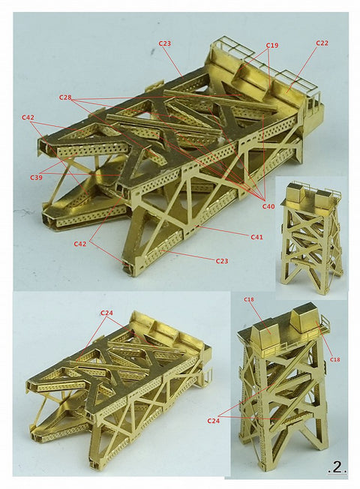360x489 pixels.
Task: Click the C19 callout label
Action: point(272,46)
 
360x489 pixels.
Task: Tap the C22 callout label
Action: point(322,43)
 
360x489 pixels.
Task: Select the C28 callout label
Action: point(65,98)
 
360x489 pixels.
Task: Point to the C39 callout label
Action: point(37,177)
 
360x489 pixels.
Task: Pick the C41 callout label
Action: point(256,236)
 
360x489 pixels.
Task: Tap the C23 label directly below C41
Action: point(222,260)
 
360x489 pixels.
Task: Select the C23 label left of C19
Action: point(165,43)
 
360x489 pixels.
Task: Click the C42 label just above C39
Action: point(28,117)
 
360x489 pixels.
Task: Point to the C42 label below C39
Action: point(80,244)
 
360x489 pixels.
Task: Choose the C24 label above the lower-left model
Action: point(106,312)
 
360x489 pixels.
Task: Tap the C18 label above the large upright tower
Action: point(248,300)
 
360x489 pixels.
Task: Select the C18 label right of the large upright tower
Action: point(334,359)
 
